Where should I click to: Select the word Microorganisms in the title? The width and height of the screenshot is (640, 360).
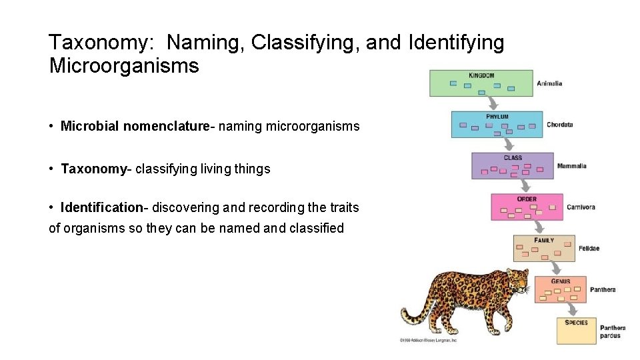click(124, 66)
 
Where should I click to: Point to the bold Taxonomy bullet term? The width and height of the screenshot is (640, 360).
click(93, 169)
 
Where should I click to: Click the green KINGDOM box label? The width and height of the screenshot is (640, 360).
click(481, 75)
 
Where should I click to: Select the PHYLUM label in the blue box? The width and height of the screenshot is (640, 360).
click(497, 117)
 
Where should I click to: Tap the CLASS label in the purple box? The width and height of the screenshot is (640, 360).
click(513, 158)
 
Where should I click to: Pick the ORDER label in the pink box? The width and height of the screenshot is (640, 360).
click(527, 199)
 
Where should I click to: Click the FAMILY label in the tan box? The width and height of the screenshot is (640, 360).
click(544, 240)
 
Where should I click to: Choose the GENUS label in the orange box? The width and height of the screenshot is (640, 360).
click(561, 281)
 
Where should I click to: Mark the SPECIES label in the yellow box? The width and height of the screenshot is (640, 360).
click(576, 323)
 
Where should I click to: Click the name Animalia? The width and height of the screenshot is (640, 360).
click(549, 83)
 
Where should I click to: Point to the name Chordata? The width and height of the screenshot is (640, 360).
click(559, 125)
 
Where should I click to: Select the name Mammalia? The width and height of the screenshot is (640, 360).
click(571, 166)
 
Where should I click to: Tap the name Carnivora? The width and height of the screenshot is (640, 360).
click(581, 207)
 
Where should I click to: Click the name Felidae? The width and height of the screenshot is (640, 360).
click(589, 249)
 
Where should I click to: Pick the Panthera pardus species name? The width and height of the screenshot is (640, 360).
click(612, 331)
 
